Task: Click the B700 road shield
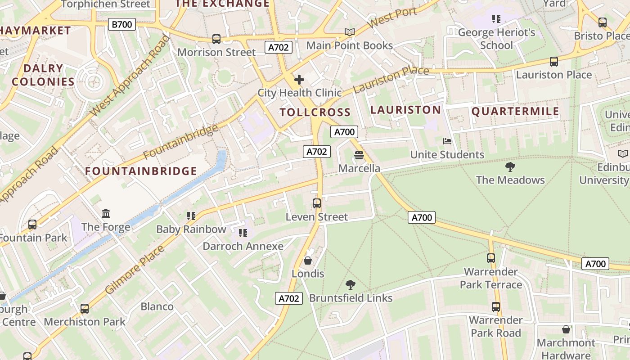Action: (x=122, y=24)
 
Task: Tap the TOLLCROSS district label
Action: (x=315, y=112)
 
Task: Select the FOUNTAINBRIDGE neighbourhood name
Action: (x=141, y=171)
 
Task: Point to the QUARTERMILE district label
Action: (x=515, y=112)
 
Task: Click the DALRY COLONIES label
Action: (x=43, y=75)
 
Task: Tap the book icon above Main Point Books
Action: (x=350, y=32)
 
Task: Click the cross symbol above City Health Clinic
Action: (x=299, y=80)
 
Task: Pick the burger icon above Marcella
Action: (x=359, y=155)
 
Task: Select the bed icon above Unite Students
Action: (x=447, y=141)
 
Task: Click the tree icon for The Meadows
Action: (x=510, y=167)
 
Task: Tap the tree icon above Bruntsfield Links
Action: (x=351, y=285)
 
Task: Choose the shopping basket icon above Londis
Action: (x=308, y=261)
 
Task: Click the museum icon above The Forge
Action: (x=106, y=213)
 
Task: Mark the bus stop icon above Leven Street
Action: (x=317, y=203)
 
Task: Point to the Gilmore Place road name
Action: (x=135, y=270)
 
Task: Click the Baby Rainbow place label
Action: (x=191, y=229)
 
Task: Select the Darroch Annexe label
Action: (x=243, y=246)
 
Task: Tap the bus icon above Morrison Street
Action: (x=216, y=39)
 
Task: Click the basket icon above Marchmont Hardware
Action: (x=566, y=329)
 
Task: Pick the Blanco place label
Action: (x=157, y=306)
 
